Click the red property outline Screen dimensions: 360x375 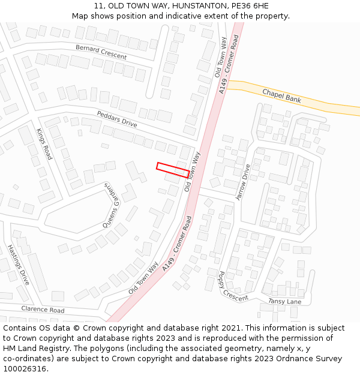[x=173, y=169]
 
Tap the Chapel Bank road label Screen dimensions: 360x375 [x=281, y=96]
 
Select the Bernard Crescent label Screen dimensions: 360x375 [x=101, y=52]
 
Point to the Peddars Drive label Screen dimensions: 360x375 [x=117, y=119]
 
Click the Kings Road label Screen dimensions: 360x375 [x=44, y=144]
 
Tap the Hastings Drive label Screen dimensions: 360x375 [x=18, y=265]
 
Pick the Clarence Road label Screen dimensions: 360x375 [x=43, y=310]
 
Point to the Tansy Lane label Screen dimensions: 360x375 [x=284, y=301]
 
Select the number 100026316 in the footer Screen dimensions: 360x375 [x=25, y=368]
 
